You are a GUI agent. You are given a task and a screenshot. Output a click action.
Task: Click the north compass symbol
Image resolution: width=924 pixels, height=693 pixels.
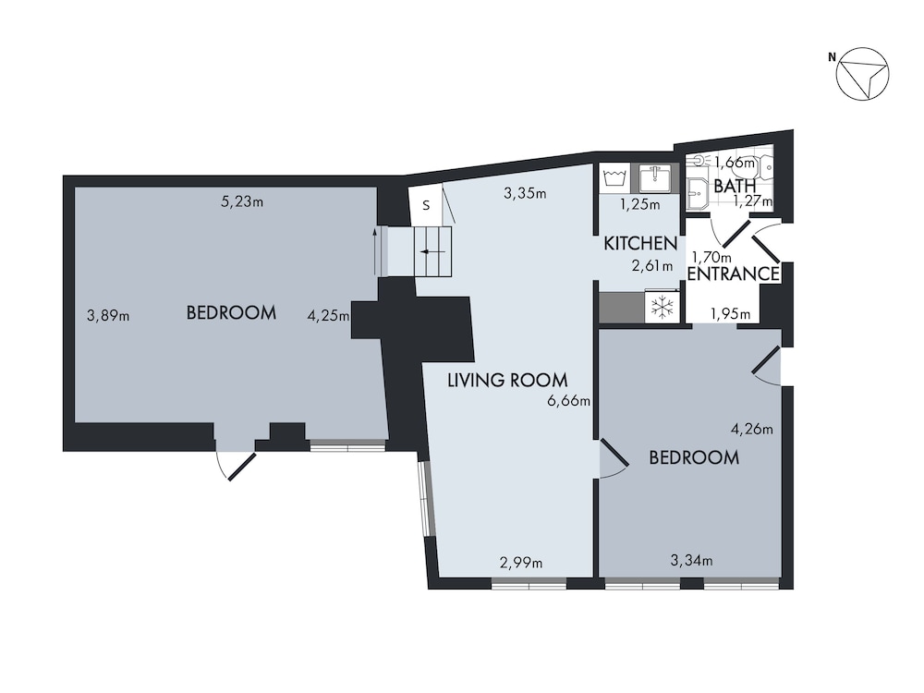click(x=861, y=72)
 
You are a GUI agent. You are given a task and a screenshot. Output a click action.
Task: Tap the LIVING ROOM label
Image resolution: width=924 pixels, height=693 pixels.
click(x=507, y=379)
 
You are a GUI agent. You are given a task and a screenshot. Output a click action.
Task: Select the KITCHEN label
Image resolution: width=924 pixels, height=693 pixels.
click(x=640, y=244)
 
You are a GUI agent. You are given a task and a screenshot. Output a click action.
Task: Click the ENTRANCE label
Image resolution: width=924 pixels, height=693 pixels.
click(x=734, y=274)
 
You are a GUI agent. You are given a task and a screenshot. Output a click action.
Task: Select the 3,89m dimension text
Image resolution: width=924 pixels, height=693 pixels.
click(x=108, y=316)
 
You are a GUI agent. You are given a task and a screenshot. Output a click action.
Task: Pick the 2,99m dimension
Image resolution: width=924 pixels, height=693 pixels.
click(x=521, y=562)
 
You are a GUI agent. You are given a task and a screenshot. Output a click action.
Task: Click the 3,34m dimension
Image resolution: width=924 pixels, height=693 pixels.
click(x=691, y=560)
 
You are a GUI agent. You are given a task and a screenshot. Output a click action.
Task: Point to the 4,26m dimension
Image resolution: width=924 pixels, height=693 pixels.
click(x=752, y=428)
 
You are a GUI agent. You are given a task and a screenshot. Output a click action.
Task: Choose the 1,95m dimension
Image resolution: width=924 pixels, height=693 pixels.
click(x=730, y=315)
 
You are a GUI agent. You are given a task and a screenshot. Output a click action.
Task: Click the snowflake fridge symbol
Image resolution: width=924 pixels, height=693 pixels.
click(x=663, y=308)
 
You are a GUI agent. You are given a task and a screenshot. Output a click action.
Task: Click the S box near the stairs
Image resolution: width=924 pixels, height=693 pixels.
click(x=426, y=206)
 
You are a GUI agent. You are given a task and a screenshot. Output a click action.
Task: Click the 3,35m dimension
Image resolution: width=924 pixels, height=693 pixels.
click(x=525, y=194)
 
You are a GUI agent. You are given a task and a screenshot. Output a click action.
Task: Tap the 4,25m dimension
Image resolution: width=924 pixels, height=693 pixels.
click(x=328, y=316)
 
